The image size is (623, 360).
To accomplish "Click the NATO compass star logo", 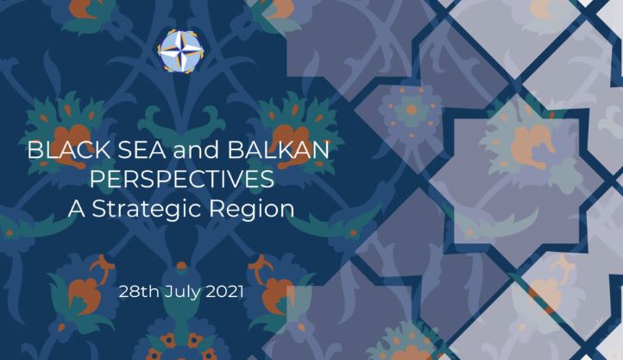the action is click(x=181, y=51).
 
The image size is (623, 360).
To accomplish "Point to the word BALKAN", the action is click(x=278, y=150).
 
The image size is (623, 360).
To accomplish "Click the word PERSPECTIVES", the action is click(x=182, y=180).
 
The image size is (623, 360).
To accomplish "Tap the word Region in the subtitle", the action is click(x=252, y=209).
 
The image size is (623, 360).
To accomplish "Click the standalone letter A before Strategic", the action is click(x=76, y=209).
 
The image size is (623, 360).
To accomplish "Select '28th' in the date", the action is click(x=139, y=292).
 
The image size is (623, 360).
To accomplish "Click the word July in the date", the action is click(x=183, y=293).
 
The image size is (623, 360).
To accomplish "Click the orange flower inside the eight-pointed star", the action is click(x=532, y=145).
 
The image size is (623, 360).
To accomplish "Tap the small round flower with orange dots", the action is click(x=411, y=111).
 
